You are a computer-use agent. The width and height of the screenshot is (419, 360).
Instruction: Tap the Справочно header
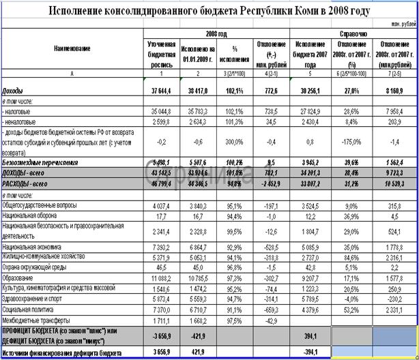coord(353,33)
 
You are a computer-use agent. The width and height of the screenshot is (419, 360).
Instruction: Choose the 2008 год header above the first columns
coord(216,33)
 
